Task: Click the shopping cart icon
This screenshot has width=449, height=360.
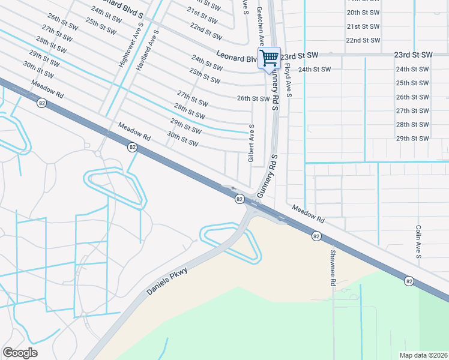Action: pos(270,58)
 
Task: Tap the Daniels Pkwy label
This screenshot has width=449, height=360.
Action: pos(167,281)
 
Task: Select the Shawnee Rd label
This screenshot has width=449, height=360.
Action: pos(331,267)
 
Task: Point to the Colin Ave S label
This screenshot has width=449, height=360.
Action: pos(418,242)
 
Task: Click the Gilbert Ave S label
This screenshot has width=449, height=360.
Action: pos(252,143)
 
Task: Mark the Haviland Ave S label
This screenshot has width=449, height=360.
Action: pos(147,51)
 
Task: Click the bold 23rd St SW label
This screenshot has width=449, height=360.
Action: pos(414,55)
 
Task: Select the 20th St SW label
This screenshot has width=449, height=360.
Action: pos(364,13)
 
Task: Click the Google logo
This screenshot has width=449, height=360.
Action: pos(20,353)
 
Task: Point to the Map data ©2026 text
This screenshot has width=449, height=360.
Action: pos(423,355)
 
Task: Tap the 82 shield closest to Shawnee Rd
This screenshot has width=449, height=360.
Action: pos(316,237)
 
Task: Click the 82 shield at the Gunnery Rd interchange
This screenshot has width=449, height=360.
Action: pos(240,199)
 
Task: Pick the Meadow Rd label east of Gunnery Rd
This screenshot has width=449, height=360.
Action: pos(309,211)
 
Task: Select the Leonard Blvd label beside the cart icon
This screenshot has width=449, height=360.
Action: pos(235,59)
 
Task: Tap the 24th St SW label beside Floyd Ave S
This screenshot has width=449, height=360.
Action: pos(315,69)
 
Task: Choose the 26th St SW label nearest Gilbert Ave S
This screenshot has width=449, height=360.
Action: pos(253,98)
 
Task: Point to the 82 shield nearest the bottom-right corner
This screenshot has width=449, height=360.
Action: pos(409,281)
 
